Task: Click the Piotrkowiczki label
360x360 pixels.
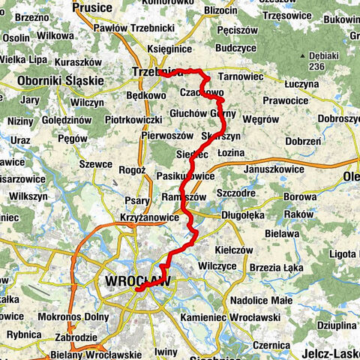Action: [x=133, y=119]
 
